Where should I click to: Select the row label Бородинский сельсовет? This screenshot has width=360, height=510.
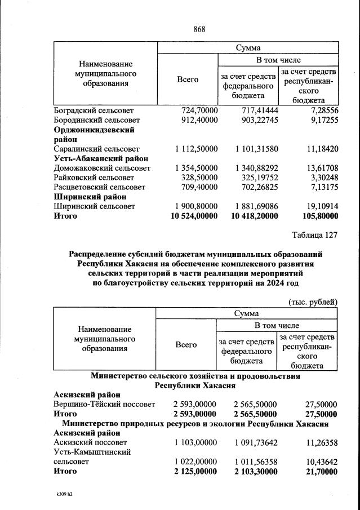[96, 120]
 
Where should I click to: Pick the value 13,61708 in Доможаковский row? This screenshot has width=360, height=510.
[319, 168]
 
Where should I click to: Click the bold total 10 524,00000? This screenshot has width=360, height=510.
[194, 216]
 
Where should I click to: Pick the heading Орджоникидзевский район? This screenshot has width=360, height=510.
[94, 134]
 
